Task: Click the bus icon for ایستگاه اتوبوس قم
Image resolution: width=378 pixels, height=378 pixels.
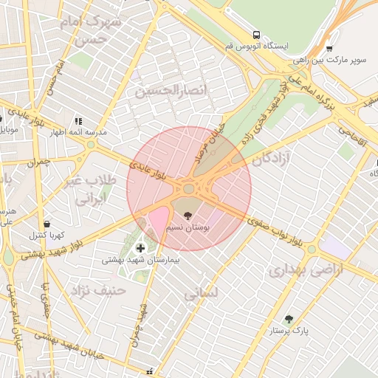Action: (x=256, y=35)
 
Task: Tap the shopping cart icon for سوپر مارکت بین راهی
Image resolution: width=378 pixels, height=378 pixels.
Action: (x=329, y=49)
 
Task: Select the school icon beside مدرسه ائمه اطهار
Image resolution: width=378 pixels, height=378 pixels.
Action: (x=78, y=120)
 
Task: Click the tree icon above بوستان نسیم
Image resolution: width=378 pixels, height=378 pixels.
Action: (x=189, y=216)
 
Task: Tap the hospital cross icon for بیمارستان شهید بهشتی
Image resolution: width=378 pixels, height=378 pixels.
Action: (x=140, y=248)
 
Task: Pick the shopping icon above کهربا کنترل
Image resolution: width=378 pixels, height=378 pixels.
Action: (x=47, y=223)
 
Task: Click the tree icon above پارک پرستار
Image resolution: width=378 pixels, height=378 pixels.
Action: (x=288, y=320)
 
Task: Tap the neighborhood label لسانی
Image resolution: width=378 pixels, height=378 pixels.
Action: (x=200, y=293)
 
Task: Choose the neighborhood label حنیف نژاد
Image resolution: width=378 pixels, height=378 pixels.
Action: (x=97, y=289)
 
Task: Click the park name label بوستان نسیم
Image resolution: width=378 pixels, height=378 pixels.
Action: (x=190, y=229)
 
